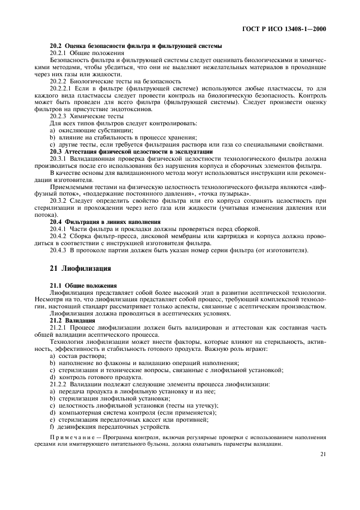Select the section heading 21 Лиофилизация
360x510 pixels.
pyautogui.click(x=81, y=269)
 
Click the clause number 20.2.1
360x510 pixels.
pyautogui.click(x=58, y=53)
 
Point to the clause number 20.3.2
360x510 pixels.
pyautogui.click(x=58, y=201)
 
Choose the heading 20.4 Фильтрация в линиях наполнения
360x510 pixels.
pyautogui.click(x=105, y=222)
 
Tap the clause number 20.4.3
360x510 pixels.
pyautogui.click(x=58, y=250)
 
